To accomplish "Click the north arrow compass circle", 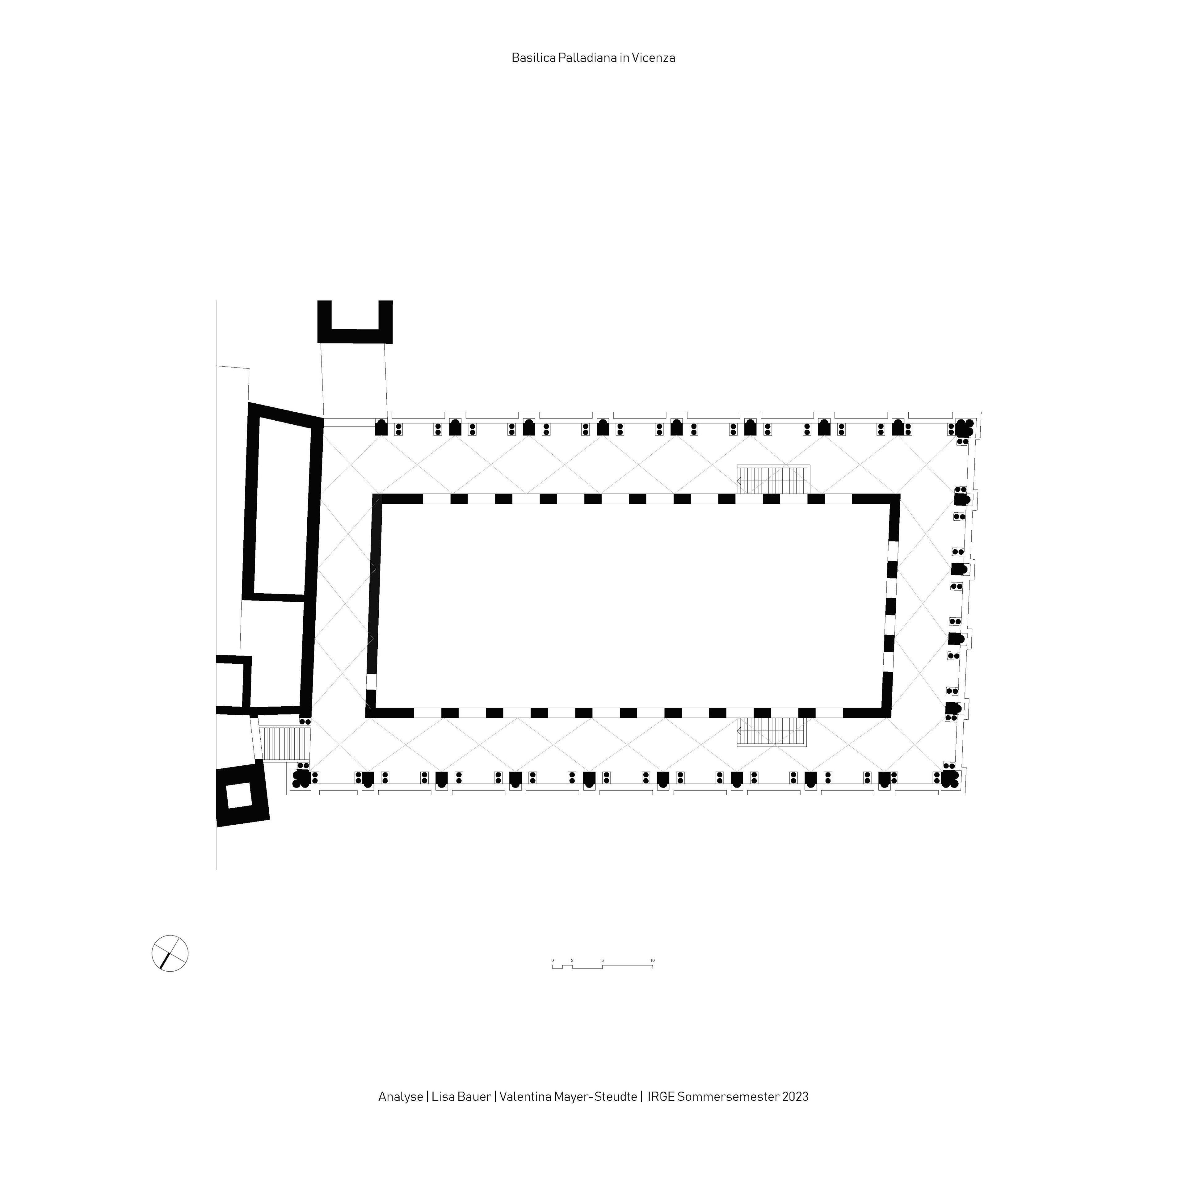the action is [x=170, y=953].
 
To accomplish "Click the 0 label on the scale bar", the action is [x=553, y=960].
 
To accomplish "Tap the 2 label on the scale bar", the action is [x=572, y=960].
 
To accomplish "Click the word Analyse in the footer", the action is [x=400, y=1096].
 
